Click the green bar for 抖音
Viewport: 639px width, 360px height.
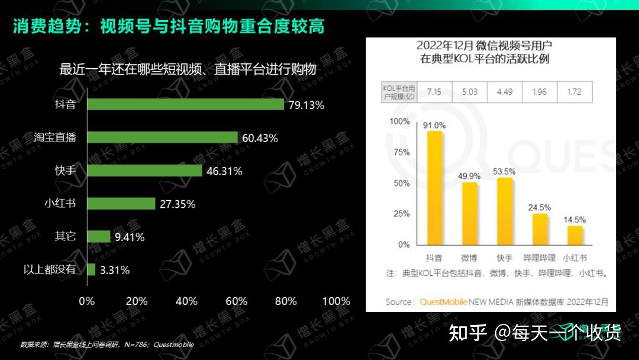pos(186,104)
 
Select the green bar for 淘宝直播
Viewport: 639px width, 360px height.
pos(162,137)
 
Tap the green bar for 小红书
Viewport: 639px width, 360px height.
pos(121,203)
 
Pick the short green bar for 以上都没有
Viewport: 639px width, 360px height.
pos(91,269)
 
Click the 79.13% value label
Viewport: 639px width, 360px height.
pos(306,105)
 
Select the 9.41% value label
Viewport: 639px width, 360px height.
pos(130,237)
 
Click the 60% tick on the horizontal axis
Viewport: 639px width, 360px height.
pos(236,301)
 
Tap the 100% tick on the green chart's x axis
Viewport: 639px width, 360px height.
pos(335,301)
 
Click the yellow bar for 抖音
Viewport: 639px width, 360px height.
pos(434,188)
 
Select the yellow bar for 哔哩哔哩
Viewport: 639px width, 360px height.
pos(540,229)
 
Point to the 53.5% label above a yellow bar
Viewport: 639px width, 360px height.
pos(505,172)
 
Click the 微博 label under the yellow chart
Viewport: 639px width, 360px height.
pos(470,258)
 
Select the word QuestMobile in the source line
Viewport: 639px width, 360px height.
pos(444,302)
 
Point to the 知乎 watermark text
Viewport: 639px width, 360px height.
pos(468,333)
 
